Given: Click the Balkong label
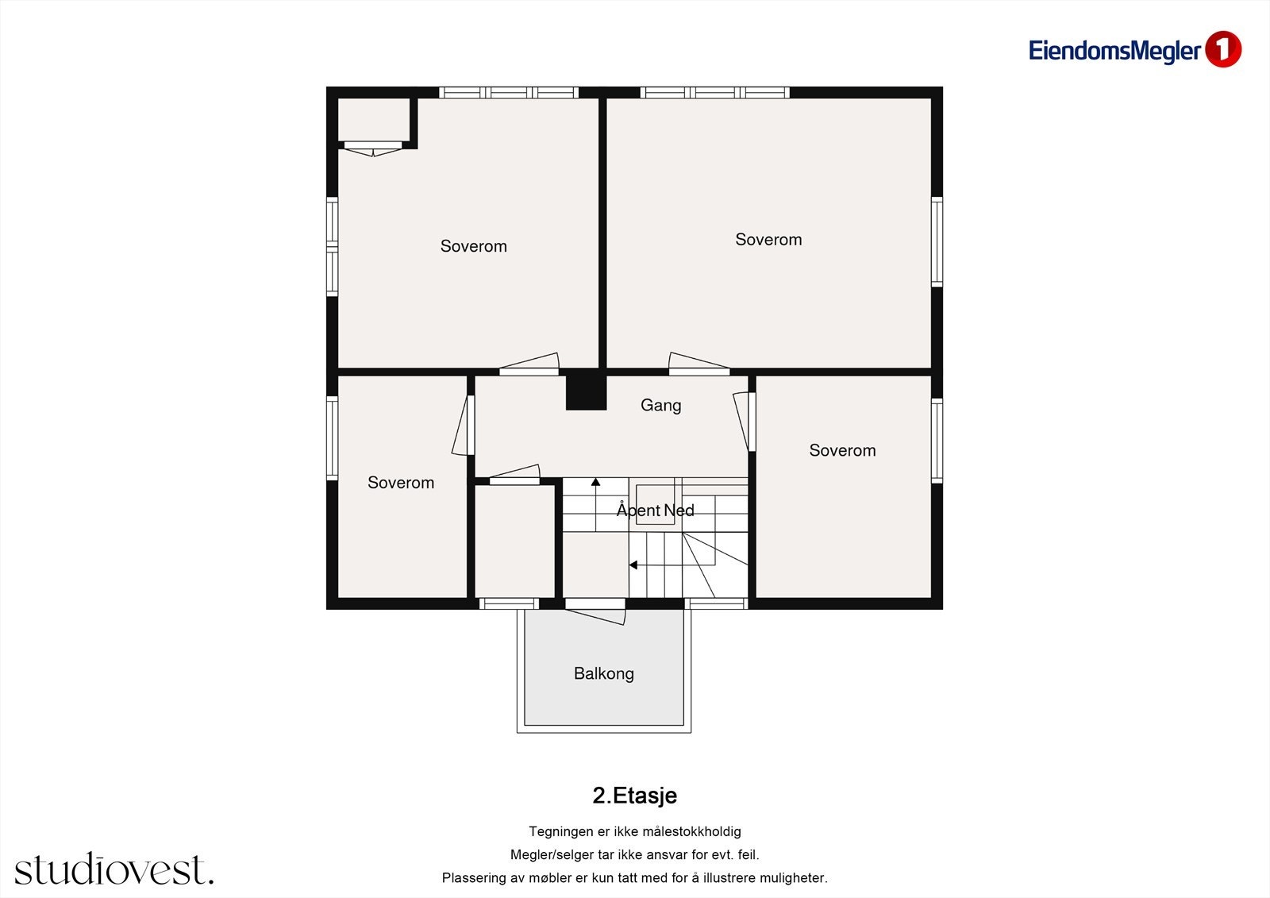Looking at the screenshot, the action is (604, 673).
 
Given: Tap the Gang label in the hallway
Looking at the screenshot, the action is (660, 405).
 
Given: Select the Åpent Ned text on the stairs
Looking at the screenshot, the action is (656, 510).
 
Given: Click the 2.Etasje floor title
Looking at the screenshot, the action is (634, 796).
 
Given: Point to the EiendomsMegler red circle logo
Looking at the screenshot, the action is (1223, 49).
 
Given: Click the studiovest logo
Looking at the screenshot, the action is (114, 869).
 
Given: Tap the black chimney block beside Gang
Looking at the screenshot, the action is (587, 390).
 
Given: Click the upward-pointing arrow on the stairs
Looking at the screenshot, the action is (595, 482).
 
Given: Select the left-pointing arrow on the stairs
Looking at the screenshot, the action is (633, 565).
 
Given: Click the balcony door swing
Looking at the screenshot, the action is (596, 613).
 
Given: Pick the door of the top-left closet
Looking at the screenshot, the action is (372, 148).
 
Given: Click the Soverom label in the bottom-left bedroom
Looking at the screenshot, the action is (401, 483).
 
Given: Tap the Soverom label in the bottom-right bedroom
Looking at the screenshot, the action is (842, 450).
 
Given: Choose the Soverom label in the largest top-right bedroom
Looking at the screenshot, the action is (769, 240).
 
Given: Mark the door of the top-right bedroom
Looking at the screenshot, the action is (699, 364).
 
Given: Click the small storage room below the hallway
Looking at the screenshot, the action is (514, 541).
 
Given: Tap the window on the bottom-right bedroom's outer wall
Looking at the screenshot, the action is (937, 441).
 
